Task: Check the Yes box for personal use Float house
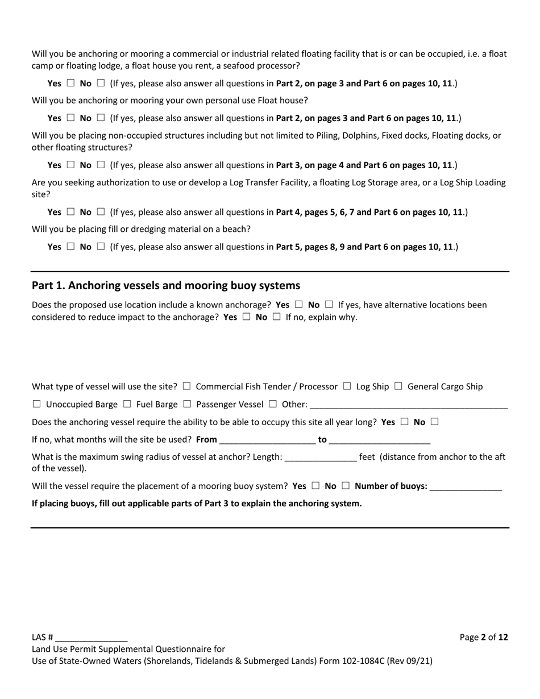pyautogui.click(x=70, y=118)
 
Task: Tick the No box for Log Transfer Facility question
pyautogui.click(x=101, y=212)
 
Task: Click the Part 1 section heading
pyautogui.click(x=166, y=285)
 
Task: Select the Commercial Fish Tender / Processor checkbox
pyautogui.click(x=187, y=386)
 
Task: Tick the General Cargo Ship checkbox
pyautogui.click(x=398, y=386)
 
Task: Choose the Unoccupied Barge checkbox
pyautogui.click(x=37, y=405)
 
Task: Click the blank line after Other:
pyautogui.click(x=409, y=405)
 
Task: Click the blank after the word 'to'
pyautogui.click(x=380, y=440)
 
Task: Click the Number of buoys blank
pyautogui.click(x=466, y=486)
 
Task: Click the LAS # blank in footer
pyautogui.click(x=92, y=638)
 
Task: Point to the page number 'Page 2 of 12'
pyautogui.click(x=484, y=637)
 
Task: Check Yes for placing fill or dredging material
pyautogui.click(x=70, y=247)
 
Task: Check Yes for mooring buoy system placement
pyautogui.click(x=315, y=486)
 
